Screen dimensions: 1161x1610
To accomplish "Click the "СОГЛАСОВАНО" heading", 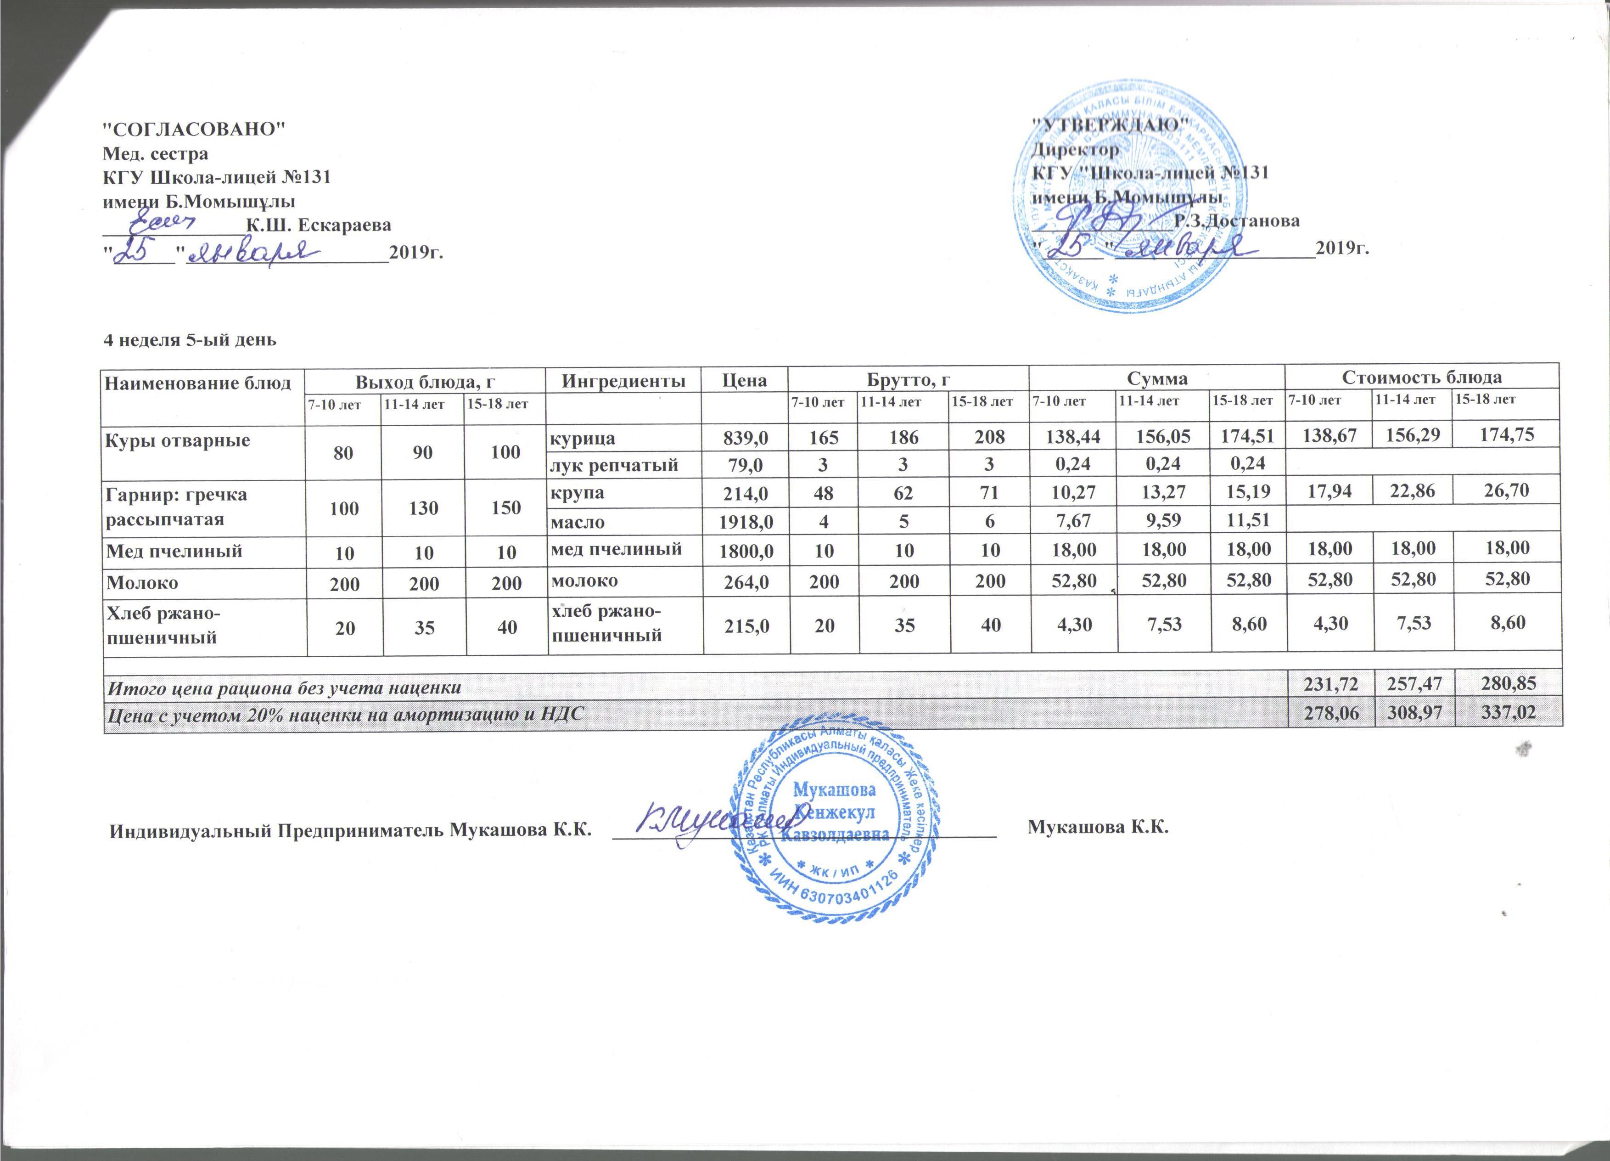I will click(194, 129).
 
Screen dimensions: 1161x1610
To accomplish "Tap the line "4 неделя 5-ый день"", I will click(190, 339).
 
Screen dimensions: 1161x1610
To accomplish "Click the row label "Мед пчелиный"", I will click(173, 550).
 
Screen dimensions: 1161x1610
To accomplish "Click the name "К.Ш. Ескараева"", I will click(318, 225).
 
